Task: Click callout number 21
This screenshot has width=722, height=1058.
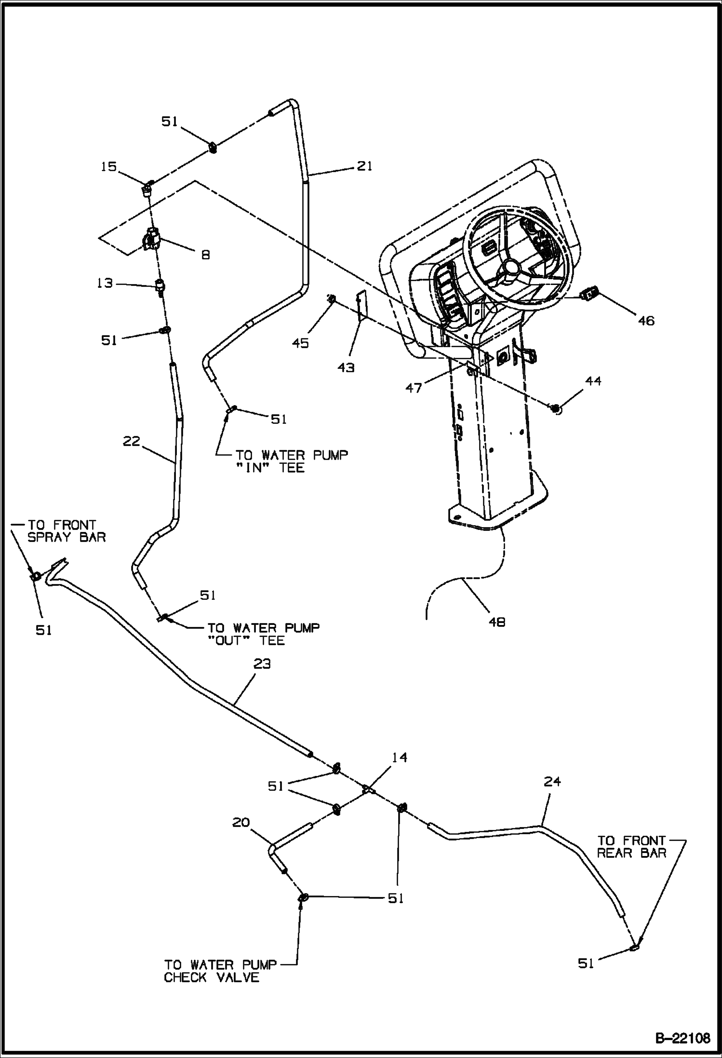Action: coord(364,166)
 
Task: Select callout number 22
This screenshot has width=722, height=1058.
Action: coord(131,441)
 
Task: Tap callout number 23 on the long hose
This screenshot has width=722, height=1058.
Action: coord(262,664)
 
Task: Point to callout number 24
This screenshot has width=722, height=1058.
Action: coord(552,781)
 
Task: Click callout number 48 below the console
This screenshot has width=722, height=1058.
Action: coord(497,622)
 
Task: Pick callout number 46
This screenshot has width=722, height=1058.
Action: coord(646,320)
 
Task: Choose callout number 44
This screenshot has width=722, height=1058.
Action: coord(593,381)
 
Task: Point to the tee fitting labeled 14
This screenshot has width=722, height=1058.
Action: coord(367,789)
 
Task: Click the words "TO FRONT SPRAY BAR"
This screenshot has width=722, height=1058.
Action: coord(63,531)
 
